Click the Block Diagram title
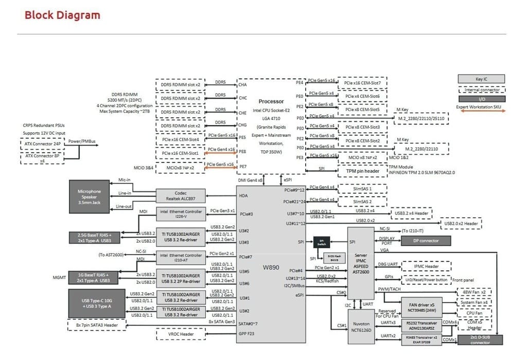coord(62,15)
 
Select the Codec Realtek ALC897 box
coord(180,195)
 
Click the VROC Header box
coord(180,334)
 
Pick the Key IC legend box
coord(482,79)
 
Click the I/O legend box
coord(482,99)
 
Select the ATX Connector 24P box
coord(43,144)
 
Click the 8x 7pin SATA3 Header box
coord(96,325)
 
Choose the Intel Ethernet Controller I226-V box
coord(180,213)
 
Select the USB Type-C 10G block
coord(97,303)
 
